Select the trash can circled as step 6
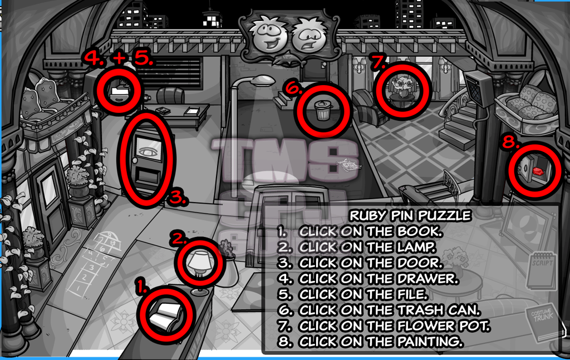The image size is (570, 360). point(322,110)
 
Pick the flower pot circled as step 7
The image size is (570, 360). point(402,89)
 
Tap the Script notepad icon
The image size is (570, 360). point(540,269)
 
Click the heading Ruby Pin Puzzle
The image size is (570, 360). point(410,215)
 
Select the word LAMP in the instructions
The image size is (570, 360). point(412,246)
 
